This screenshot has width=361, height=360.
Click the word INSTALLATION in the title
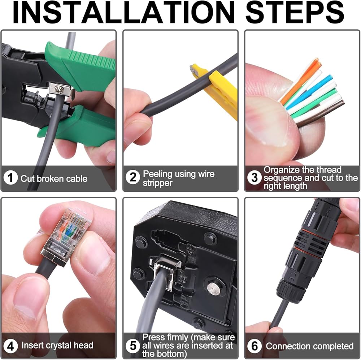tap(123, 12)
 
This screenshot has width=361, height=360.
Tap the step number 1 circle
tap(10, 178)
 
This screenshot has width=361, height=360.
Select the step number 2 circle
tap(133, 177)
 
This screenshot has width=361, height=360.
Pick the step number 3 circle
tap(254, 177)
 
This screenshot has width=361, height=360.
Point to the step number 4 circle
tap(10, 346)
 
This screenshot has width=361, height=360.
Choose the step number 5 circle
tap(133, 346)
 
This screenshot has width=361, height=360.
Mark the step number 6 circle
tap(254, 346)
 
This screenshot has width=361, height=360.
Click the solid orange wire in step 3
tap(299, 80)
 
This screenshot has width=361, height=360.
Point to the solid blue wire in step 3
tap(309, 91)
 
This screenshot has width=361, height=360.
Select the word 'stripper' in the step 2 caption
tap(157, 183)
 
